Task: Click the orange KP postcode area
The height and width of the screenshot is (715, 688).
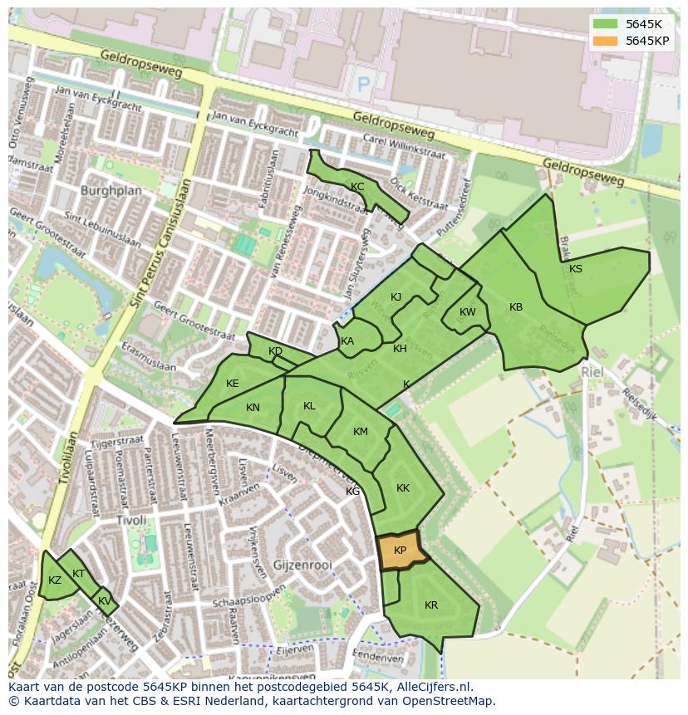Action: coord(400,551)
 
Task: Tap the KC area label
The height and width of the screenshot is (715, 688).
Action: coord(357,187)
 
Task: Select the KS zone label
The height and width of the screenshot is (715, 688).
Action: coord(576,268)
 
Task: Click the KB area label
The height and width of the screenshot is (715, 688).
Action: coord(516,307)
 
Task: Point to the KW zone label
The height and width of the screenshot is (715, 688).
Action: coord(468,312)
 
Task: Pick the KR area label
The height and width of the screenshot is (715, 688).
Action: coord(431,605)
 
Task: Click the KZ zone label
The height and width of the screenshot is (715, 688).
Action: coord(55,580)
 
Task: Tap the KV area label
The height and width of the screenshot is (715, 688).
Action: coord(105,601)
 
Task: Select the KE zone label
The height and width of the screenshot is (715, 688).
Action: coord(233,384)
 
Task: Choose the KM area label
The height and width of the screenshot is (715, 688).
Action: coord(361,432)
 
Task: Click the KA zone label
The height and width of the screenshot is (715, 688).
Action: coord(347,341)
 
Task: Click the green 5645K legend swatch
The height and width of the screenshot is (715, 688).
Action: coord(606,24)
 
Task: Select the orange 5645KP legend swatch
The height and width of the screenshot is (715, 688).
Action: coord(606,41)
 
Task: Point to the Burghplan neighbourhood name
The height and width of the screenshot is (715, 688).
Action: coord(111,190)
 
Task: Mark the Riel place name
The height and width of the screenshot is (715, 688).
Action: coord(592,373)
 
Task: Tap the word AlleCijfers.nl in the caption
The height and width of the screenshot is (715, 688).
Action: coord(431,687)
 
